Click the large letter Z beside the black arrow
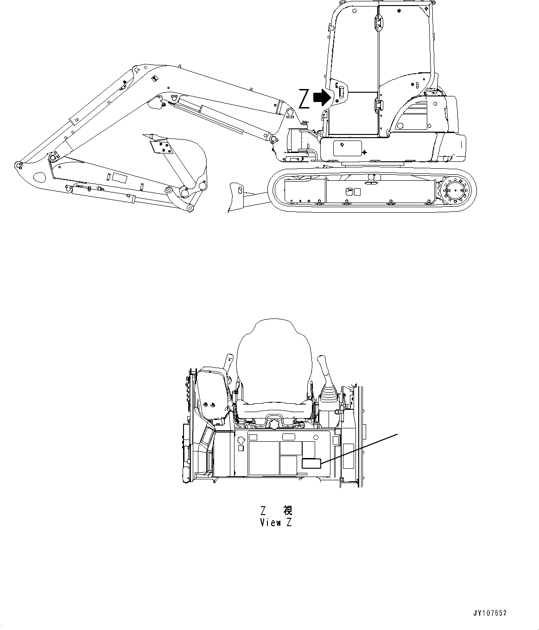[x=304, y=98]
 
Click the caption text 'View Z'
[x=276, y=522]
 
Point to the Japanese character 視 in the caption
[x=287, y=511]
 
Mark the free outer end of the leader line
[x=397, y=434]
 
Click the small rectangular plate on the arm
[x=119, y=177]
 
